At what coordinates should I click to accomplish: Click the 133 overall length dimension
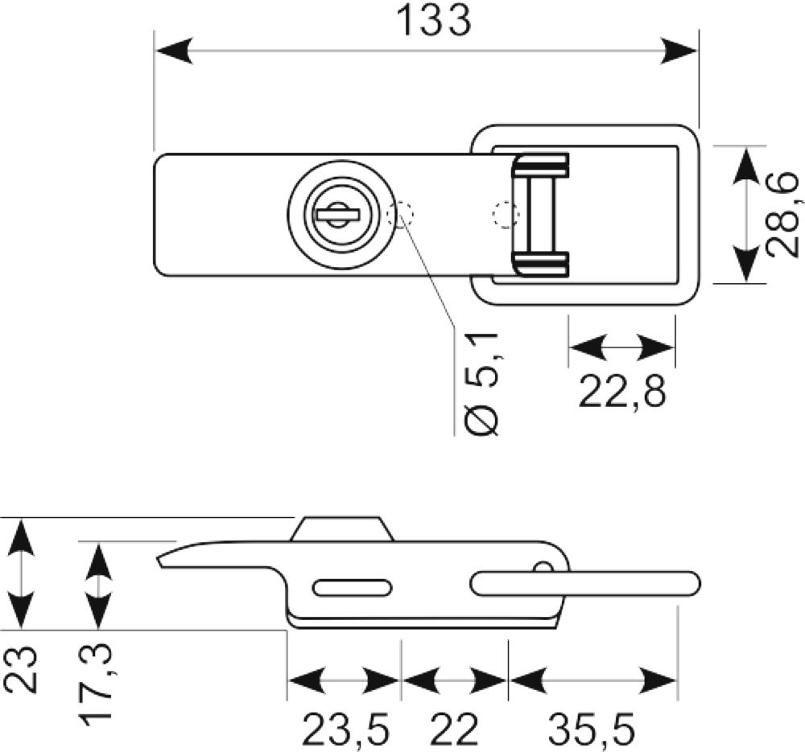click(x=435, y=21)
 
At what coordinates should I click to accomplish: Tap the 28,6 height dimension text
click(x=782, y=215)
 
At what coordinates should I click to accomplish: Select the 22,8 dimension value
click(x=621, y=392)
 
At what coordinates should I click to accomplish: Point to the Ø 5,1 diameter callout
click(x=481, y=384)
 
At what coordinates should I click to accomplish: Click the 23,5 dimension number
click(x=345, y=729)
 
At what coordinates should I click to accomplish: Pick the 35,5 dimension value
click(x=592, y=729)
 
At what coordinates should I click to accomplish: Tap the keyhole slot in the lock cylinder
click(x=338, y=215)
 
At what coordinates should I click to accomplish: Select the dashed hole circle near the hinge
click(x=506, y=214)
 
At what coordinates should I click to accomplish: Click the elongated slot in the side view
click(x=353, y=588)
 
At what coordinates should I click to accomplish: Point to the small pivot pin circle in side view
click(x=543, y=569)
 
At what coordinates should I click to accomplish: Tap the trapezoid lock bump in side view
click(x=342, y=529)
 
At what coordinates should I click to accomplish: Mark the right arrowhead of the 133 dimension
click(x=679, y=51)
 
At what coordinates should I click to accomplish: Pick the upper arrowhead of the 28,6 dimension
click(x=745, y=165)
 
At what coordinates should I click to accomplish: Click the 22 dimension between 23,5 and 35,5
click(x=454, y=729)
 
